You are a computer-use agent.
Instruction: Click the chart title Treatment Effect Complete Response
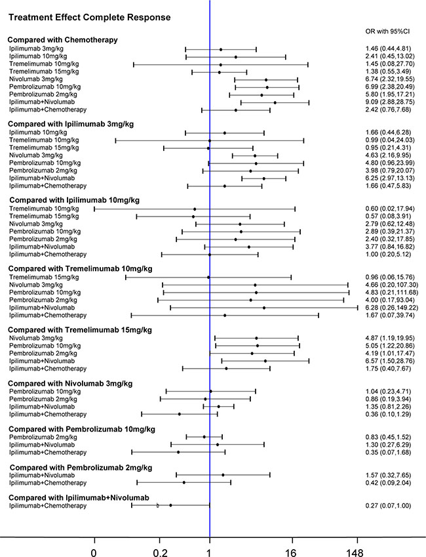click(77, 16)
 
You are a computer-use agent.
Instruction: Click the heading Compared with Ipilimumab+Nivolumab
click(79, 497)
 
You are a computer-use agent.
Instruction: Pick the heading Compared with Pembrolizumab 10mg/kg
click(81, 428)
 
